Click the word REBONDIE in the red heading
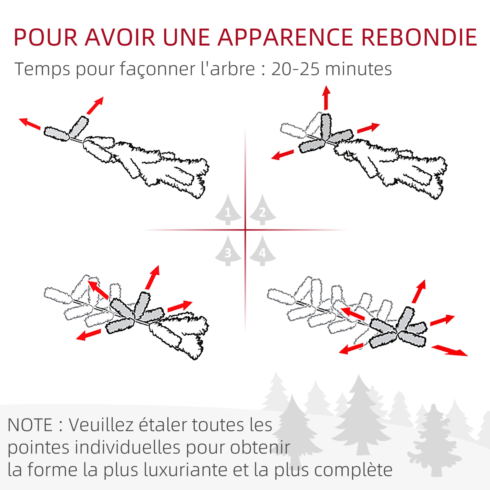click(419, 37)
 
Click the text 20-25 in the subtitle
click(295, 69)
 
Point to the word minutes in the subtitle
click(358, 69)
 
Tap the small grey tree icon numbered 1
click(228, 210)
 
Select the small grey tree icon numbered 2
click(262, 210)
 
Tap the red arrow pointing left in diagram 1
click(30, 124)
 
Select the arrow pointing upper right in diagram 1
click(95, 105)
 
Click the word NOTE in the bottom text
click(30, 425)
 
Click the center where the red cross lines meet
click(245, 230)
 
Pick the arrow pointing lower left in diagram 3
click(88, 334)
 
